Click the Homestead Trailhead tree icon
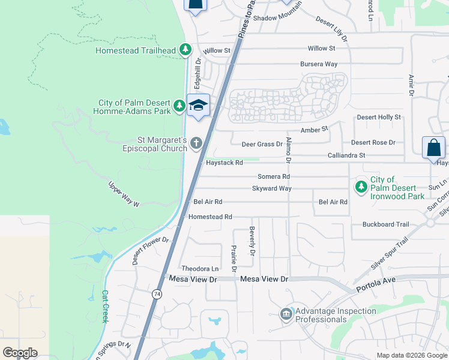(x=186, y=50)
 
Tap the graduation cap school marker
(x=198, y=105)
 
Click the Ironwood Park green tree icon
(x=361, y=187)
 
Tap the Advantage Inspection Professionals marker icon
(x=286, y=314)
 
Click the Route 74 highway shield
(x=157, y=294)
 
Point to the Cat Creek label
(x=104, y=307)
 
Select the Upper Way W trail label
(x=124, y=194)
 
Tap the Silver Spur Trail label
(x=390, y=253)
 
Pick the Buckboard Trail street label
(x=385, y=224)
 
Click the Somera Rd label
(x=274, y=176)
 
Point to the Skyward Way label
(x=272, y=188)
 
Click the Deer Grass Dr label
(x=262, y=144)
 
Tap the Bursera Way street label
(x=319, y=64)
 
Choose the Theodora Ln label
(x=200, y=269)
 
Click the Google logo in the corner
(x=20, y=353)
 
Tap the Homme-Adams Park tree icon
(x=179, y=106)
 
